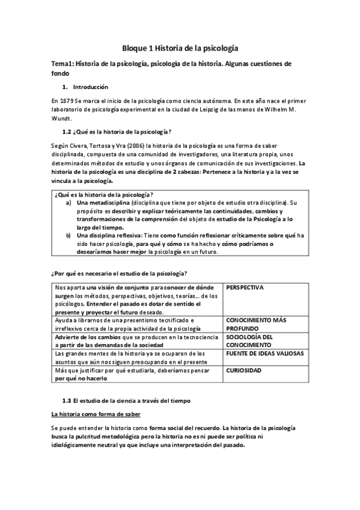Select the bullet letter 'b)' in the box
coord(68,236)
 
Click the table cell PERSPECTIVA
coord(245,288)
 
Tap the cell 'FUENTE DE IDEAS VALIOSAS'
coord(263,354)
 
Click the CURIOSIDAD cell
coord(244,371)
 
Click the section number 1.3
coord(67,399)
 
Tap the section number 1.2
coord(67,132)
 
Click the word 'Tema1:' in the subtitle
coord(63,64)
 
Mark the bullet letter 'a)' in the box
coord(68,203)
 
